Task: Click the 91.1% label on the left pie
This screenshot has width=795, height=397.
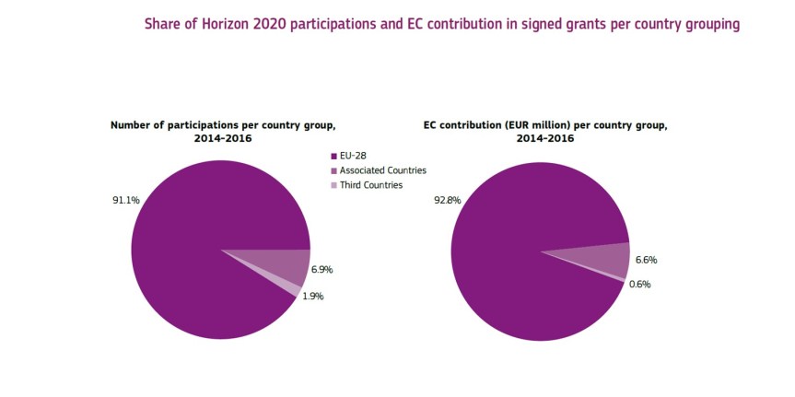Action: point(124,198)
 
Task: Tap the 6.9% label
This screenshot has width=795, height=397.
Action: point(322,270)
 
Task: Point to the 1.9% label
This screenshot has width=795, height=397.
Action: point(313,297)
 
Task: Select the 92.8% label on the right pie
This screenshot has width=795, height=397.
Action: point(447,200)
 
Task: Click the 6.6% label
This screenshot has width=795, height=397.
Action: point(646,261)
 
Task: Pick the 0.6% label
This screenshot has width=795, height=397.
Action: point(639,285)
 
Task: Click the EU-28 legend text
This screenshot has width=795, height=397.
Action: point(354,157)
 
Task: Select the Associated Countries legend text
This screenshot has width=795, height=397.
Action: point(382,171)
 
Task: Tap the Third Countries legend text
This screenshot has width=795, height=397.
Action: point(371,185)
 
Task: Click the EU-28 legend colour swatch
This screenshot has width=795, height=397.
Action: point(333,157)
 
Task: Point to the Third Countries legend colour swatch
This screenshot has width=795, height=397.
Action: point(333,185)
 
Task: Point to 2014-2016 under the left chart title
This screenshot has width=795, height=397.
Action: point(223,138)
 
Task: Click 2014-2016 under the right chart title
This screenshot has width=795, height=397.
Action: point(544,138)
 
